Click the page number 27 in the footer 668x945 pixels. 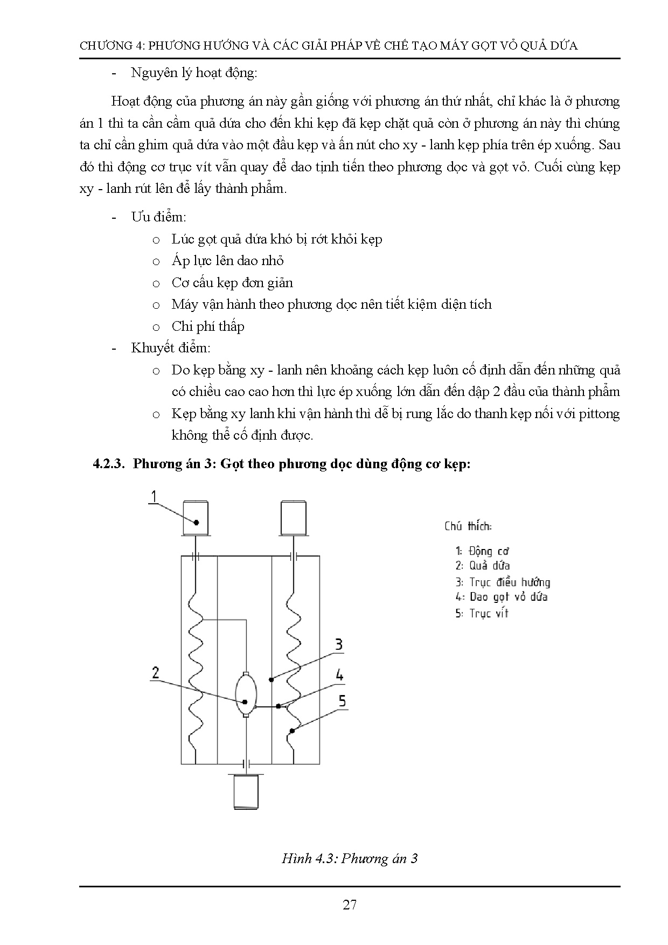pyautogui.click(x=350, y=904)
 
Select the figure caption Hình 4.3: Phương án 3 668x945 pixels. pyautogui.click(x=350, y=858)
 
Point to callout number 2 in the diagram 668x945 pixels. pyautogui.click(x=156, y=672)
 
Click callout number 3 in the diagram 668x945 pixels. pyautogui.click(x=338, y=644)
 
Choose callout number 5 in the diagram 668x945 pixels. pyautogui.click(x=342, y=701)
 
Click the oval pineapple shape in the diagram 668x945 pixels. pyautogui.click(x=246, y=695)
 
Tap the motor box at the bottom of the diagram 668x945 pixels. pyautogui.click(x=246, y=791)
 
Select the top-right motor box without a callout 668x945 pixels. pyautogui.click(x=294, y=517)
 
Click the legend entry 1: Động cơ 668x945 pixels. pyautogui.click(x=482, y=551)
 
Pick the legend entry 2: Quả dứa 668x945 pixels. pyautogui.click(x=482, y=566)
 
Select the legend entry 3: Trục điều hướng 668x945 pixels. pyautogui.click(x=503, y=582)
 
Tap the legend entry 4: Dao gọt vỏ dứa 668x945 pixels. pyautogui.click(x=501, y=597)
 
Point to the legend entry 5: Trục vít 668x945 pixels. pyautogui.click(x=482, y=613)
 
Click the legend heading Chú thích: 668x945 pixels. pyautogui.click(x=468, y=526)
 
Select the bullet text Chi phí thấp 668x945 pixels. pyautogui.click(x=208, y=326)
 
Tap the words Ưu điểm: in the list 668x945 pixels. pyautogui.click(x=158, y=217)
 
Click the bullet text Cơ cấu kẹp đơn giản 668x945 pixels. pyautogui.click(x=232, y=282)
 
